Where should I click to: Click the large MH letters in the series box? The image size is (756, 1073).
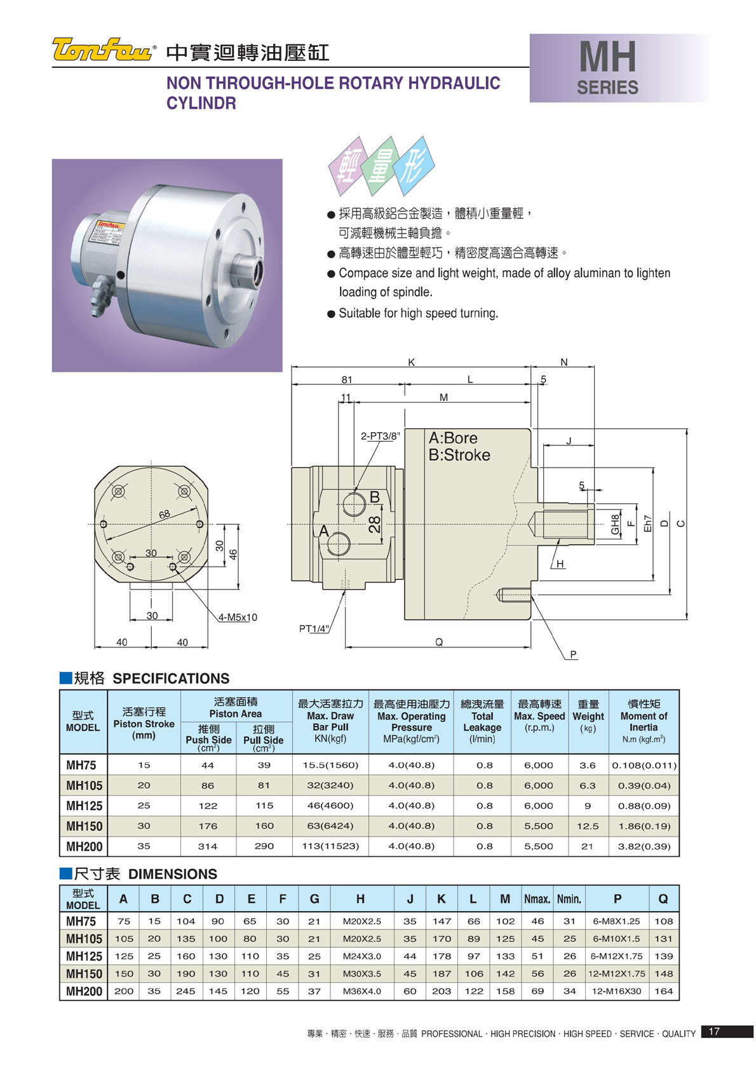607,57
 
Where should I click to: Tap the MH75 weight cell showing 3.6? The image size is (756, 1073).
588,766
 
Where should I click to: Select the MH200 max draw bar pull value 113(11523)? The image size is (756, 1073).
330,846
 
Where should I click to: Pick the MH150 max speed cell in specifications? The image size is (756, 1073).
539,826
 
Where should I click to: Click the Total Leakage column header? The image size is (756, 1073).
482,722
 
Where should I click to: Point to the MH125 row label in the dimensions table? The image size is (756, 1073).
84,957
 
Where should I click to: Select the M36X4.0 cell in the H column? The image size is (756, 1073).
361,992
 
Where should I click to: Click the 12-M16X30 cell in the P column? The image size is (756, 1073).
616,992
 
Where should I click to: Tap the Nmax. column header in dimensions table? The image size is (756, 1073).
537,899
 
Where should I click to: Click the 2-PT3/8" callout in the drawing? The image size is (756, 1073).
380,436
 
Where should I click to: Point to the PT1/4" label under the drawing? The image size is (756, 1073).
314,628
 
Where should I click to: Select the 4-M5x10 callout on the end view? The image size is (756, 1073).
238,617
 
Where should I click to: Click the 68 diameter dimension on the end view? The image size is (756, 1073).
165,515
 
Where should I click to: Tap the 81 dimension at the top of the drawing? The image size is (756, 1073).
346,380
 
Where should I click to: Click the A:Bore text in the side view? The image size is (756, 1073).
453,438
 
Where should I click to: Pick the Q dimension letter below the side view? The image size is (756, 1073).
439,642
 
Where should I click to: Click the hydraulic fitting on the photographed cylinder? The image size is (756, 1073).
101,294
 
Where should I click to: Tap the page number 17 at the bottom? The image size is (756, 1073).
714,1031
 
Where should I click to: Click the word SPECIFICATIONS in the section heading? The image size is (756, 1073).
171,678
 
